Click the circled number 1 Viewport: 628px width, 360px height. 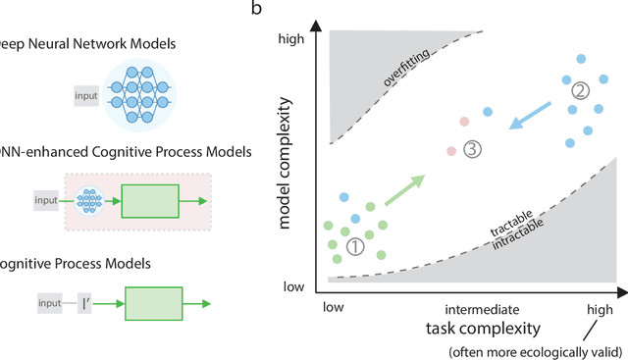coord(355,247)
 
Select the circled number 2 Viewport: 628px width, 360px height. coord(581,91)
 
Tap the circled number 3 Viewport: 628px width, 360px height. coord(473,150)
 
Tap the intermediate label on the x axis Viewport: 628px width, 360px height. coord(474,307)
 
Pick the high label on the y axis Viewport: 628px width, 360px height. coord(293,39)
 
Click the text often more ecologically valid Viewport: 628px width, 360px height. coord(536,350)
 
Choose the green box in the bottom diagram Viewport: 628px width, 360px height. coord(152,304)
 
